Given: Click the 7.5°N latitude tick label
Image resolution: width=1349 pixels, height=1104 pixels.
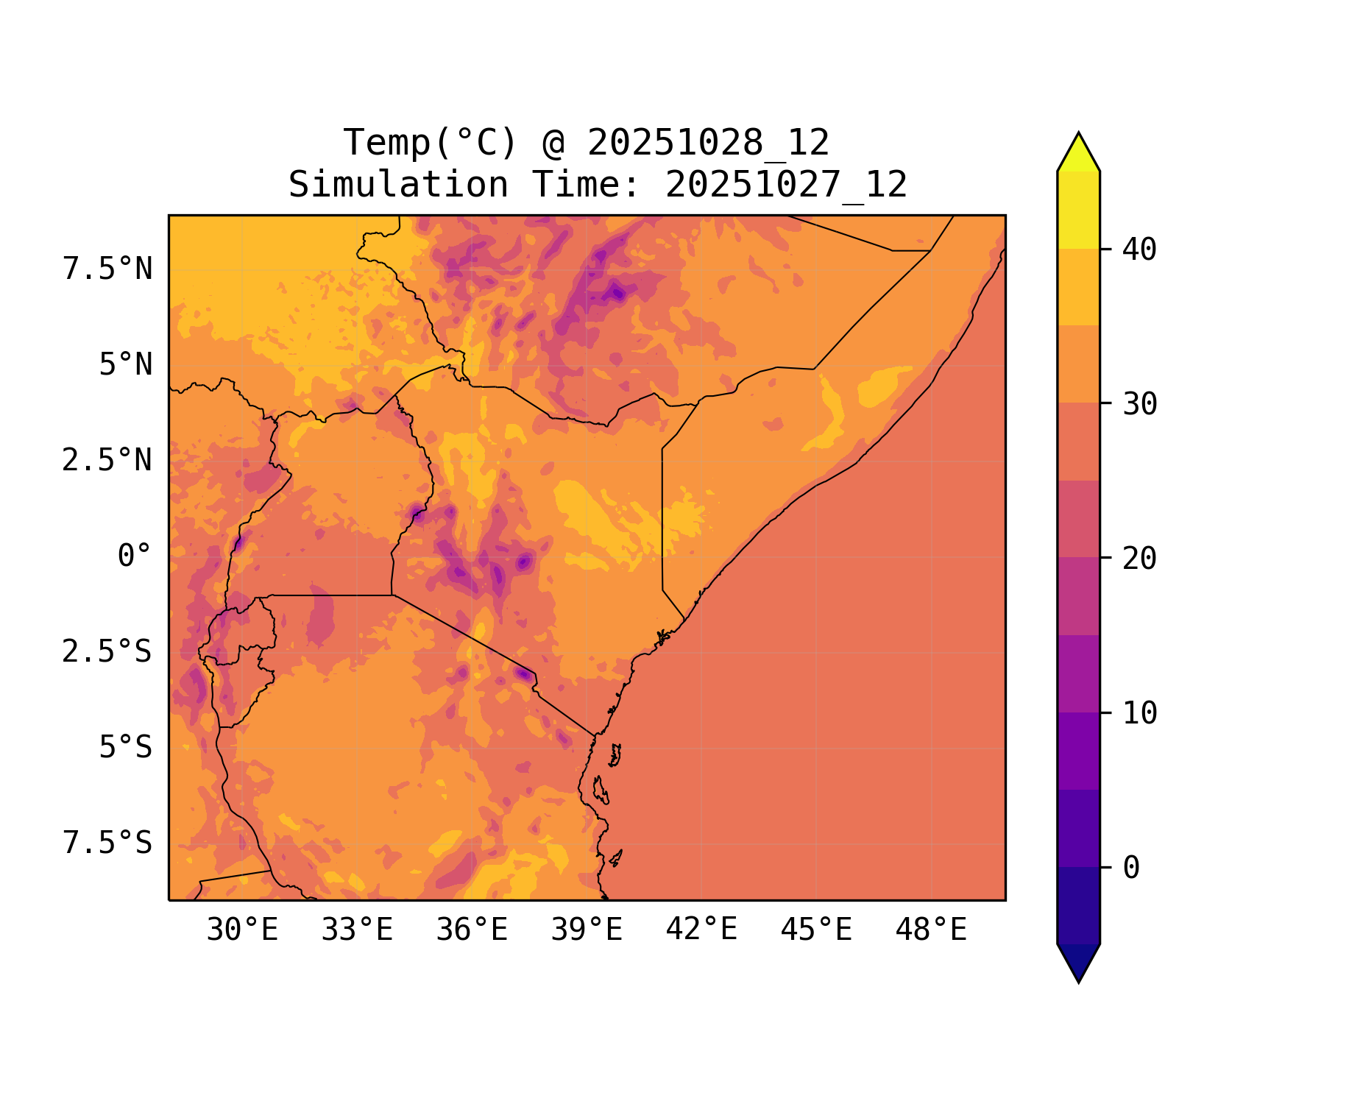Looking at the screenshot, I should (x=107, y=269).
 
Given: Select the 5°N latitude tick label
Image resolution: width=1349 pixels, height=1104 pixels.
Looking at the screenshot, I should (x=126, y=365).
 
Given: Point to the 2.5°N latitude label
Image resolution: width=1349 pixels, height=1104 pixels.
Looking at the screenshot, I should (x=107, y=461).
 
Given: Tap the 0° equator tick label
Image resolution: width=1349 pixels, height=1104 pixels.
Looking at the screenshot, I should (x=135, y=556).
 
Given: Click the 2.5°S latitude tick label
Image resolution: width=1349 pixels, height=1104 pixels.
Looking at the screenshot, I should (x=107, y=652).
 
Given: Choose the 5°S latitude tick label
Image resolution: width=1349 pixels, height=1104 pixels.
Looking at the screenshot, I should (x=126, y=748).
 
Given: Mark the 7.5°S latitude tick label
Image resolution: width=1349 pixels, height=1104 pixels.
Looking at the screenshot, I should (x=107, y=843).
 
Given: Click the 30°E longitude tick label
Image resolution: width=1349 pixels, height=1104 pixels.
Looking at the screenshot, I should (x=242, y=930).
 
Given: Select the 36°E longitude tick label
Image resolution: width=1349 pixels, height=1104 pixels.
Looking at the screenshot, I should (x=472, y=930).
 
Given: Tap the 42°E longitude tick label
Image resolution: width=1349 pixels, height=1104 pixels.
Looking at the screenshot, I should (x=701, y=930).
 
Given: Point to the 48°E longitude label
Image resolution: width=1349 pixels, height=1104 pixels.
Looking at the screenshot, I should (x=931, y=930).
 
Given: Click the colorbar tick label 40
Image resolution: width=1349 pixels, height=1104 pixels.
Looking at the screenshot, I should (x=1139, y=250).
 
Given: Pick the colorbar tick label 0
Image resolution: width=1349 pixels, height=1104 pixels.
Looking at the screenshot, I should (x=1131, y=868).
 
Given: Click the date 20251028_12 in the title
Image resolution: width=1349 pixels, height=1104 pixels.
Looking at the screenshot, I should (x=708, y=143).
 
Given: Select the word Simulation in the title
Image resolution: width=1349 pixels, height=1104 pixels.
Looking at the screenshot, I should (x=398, y=185).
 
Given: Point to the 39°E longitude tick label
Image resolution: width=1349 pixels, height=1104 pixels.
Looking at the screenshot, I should (x=587, y=930).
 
